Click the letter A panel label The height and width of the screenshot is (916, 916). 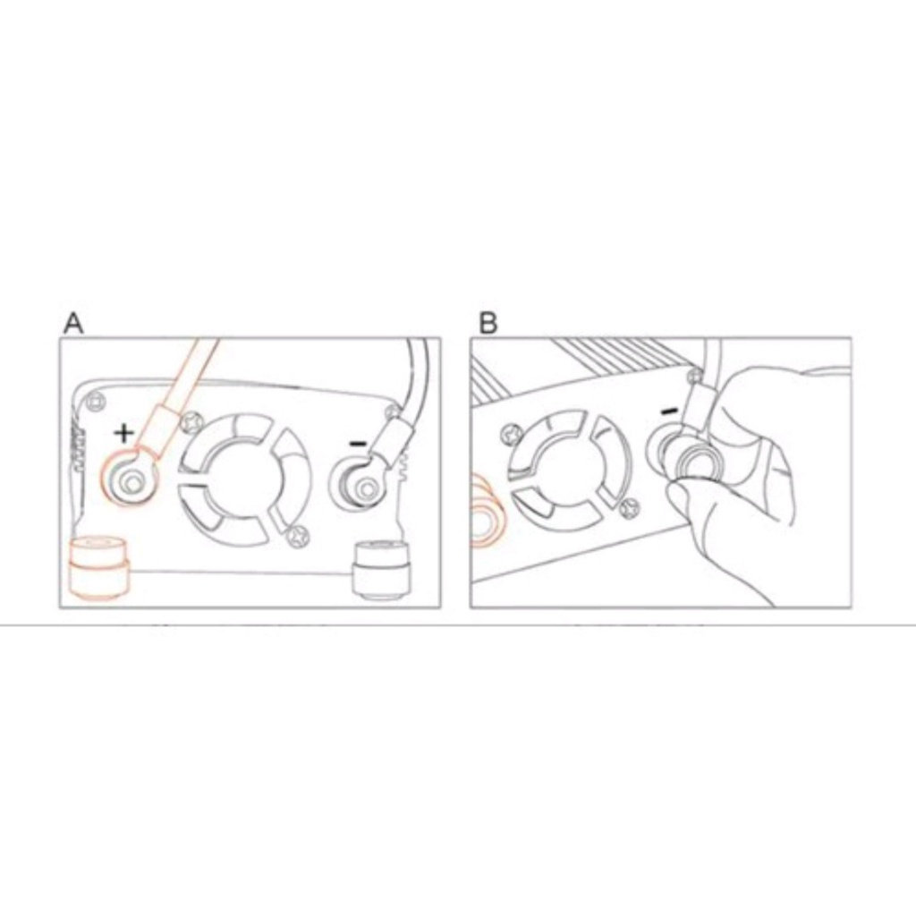point(73,323)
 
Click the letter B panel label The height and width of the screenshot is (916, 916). point(488,323)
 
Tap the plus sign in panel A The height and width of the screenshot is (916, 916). point(123,433)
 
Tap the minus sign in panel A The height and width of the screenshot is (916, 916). point(358,444)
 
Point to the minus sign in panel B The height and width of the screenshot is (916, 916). point(670,411)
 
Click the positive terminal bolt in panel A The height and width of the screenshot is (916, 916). point(131,482)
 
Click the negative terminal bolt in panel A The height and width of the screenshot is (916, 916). point(368,488)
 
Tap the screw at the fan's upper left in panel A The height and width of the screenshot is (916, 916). point(192,421)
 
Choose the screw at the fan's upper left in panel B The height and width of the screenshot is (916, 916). point(512,434)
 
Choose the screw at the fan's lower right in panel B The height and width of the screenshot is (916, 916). point(629,508)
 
